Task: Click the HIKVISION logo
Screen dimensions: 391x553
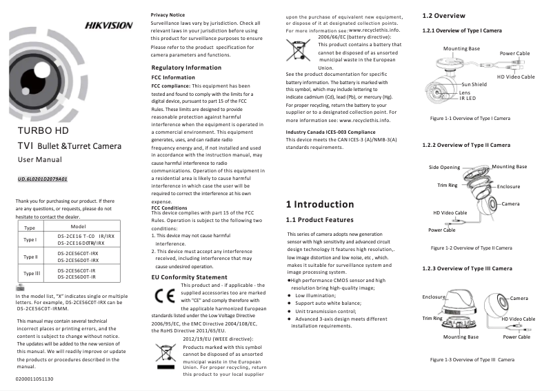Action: [x=108, y=26]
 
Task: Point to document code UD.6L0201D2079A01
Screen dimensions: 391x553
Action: [x=42, y=179]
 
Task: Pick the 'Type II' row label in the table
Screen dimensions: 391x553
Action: [x=30, y=257]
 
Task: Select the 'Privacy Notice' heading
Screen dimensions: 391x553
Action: [x=168, y=14]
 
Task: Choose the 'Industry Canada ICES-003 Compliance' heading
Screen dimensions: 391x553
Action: [x=330, y=131]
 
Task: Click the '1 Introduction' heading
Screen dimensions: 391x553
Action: [x=319, y=204]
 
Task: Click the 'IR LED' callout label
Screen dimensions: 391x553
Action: [x=449, y=98]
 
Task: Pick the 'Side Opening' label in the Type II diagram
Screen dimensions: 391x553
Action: [x=444, y=168]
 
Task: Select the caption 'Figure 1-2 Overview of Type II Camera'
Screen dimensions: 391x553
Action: [x=470, y=247]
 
